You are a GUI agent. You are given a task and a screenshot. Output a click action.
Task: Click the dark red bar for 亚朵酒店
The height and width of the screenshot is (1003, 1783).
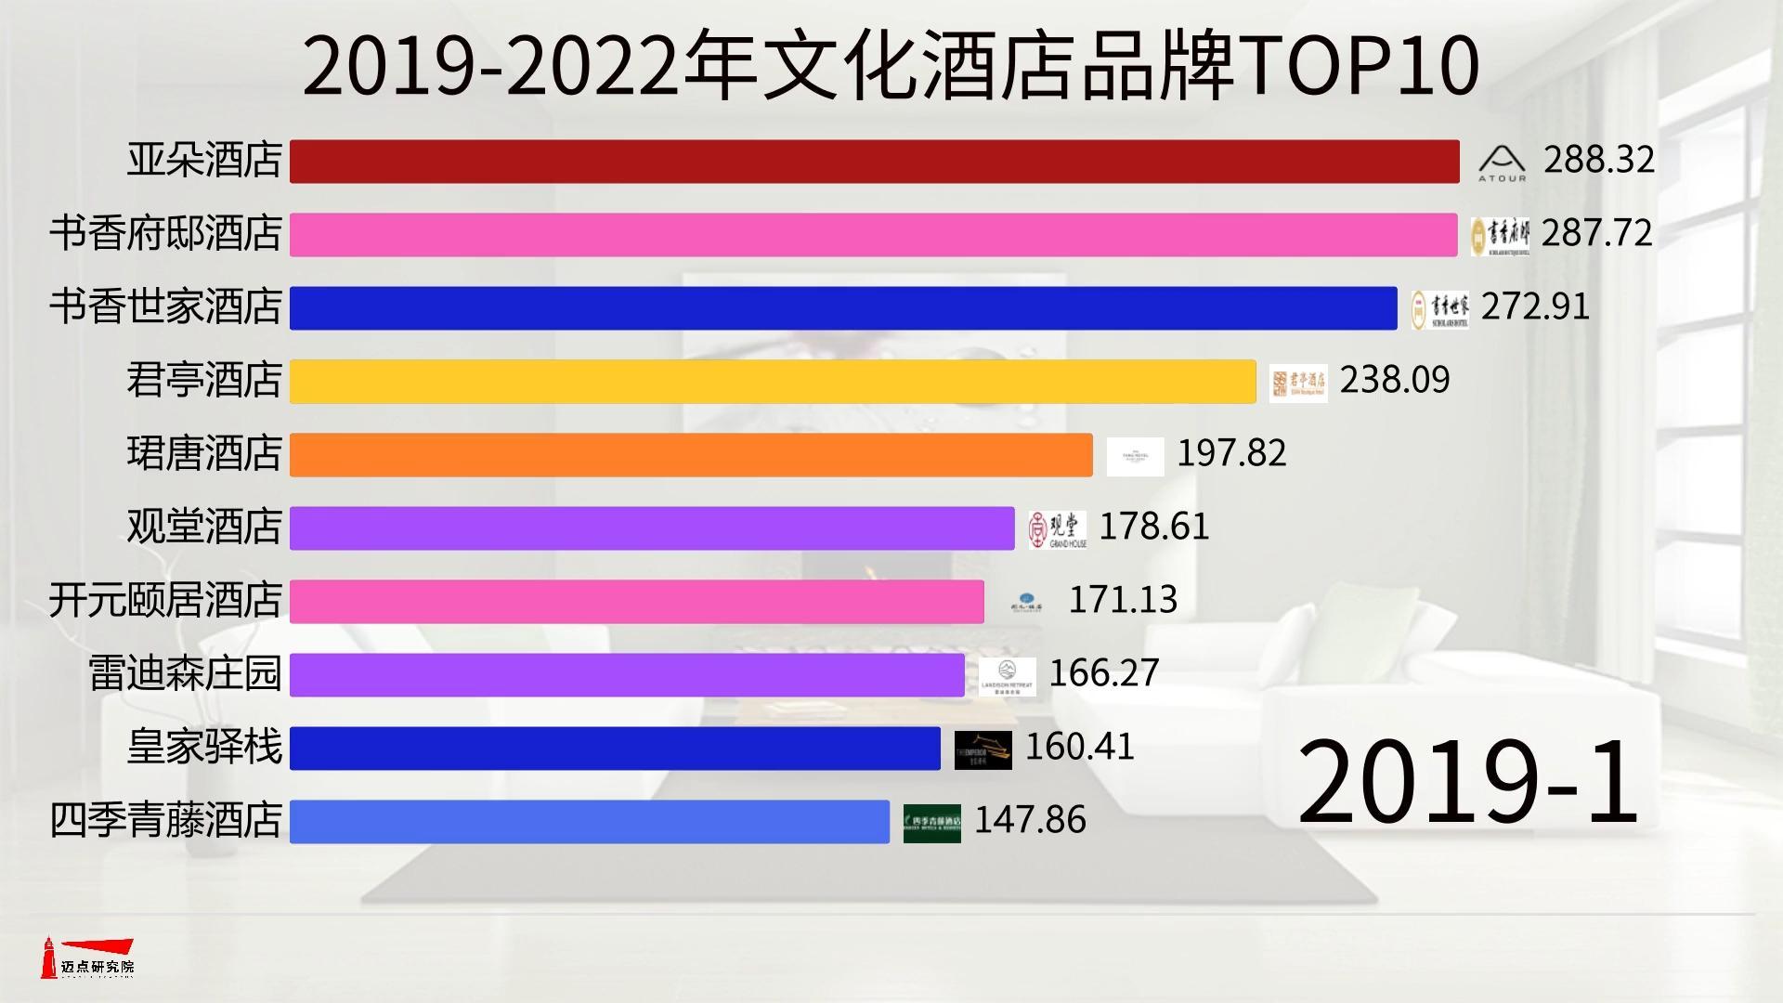(873, 162)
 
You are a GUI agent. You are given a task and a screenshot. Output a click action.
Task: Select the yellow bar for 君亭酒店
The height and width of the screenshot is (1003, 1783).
(773, 382)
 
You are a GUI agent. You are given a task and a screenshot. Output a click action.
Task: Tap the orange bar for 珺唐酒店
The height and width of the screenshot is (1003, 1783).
(691, 455)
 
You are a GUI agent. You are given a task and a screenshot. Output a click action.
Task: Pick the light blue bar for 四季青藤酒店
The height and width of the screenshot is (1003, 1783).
(590, 822)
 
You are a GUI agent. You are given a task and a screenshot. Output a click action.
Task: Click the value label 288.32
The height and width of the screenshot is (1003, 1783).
(1598, 160)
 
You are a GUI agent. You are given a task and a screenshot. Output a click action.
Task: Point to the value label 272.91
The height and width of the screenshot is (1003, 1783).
(1535, 306)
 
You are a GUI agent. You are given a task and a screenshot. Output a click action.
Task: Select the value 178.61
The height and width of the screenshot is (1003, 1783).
(1153, 527)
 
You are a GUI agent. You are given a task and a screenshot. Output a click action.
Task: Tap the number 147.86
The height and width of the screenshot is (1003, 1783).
(1030, 820)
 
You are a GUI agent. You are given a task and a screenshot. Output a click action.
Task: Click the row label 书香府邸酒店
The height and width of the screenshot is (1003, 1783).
(165, 233)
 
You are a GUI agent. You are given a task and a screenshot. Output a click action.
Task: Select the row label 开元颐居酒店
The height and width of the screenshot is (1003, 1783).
(165, 600)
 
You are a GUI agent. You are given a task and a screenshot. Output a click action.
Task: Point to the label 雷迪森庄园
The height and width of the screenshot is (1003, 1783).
(185, 673)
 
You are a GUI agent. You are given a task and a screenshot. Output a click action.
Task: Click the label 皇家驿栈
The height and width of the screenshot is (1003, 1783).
(204, 747)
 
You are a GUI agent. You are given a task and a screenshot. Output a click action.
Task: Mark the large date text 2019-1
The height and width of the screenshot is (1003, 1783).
(1467, 782)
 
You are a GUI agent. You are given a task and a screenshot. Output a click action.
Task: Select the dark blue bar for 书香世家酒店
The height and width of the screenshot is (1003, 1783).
(842, 308)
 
